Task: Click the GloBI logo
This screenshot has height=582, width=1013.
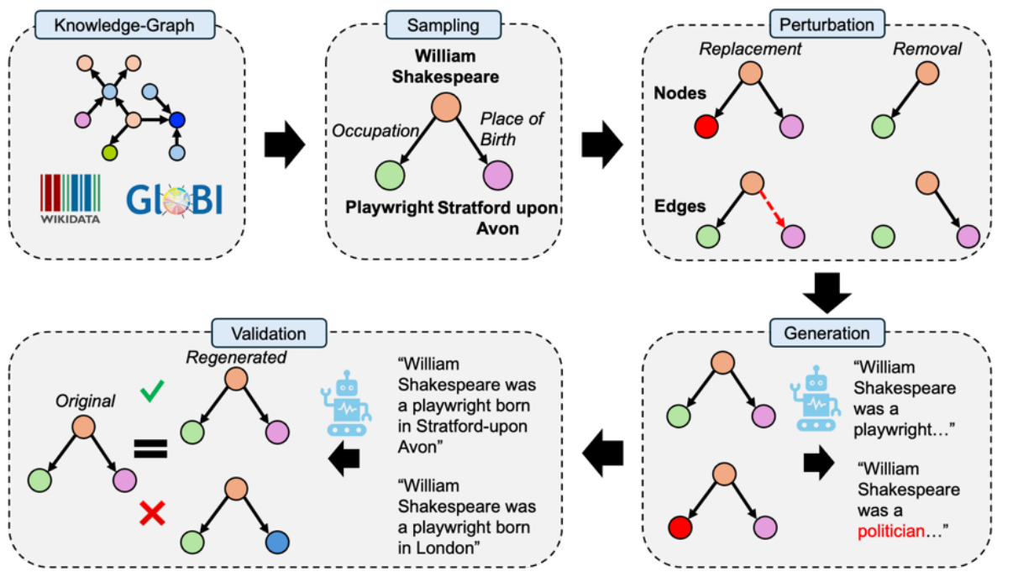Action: click(174, 198)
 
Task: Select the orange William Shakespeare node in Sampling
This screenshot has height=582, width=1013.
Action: click(444, 108)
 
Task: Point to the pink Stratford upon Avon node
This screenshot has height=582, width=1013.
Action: click(497, 176)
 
